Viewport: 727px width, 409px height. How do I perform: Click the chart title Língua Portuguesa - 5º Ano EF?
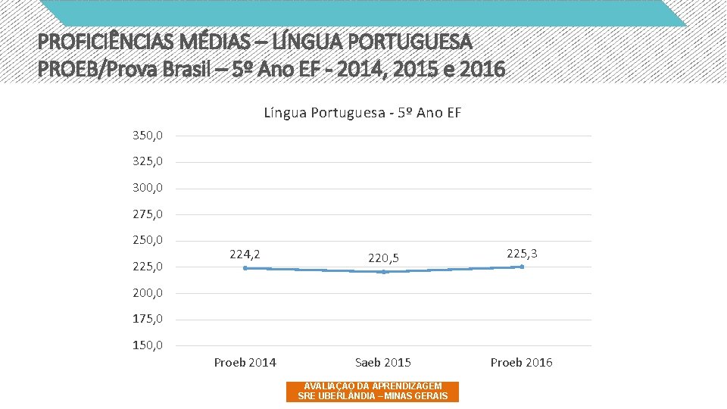pyautogui.click(x=362, y=113)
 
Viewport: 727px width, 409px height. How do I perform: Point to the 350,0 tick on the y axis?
pyautogui.click(x=148, y=136)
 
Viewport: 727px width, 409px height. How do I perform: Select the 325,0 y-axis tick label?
pyautogui.click(x=148, y=161)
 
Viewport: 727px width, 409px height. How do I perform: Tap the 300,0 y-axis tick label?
pyautogui.click(x=148, y=188)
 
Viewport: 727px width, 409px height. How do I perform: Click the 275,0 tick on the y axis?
pyautogui.click(x=148, y=214)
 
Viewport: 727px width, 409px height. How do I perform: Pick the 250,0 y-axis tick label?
pyautogui.click(x=148, y=240)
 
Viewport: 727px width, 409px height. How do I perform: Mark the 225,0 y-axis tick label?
pyautogui.click(x=148, y=267)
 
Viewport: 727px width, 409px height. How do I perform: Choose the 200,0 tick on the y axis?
pyautogui.click(x=148, y=293)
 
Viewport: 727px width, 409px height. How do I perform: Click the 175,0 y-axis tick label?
pyautogui.click(x=148, y=319)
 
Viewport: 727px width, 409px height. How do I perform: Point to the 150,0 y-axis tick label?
pyautogui.click(x=148, y=345)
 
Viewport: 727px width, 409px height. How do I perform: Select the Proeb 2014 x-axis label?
pyautogui.click(x=245, y=362)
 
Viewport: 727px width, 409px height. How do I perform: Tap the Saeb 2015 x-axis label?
pyautogui.click(x=383, y=362)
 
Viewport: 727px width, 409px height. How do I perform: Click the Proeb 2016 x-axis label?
pyautogui.click(x=521, y=362)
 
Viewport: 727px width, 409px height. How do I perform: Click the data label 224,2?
pyautogui.click(x=245, y=254)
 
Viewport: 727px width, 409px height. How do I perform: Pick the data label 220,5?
pyautogui.click(x=383, y=258)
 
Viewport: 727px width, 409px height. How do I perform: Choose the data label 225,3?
pyautogui.click(x=522, y=253)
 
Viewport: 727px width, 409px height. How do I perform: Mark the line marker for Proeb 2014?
pyautogui.click(x=245, y=268)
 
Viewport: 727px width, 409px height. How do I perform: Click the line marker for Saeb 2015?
pyautogui.click(x=383, y=272)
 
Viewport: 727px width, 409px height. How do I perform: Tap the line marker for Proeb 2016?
pyautogui.click(x=521, y=267)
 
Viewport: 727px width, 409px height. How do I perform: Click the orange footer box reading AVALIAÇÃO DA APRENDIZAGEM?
pyautogui.click(x=373, y=391)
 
